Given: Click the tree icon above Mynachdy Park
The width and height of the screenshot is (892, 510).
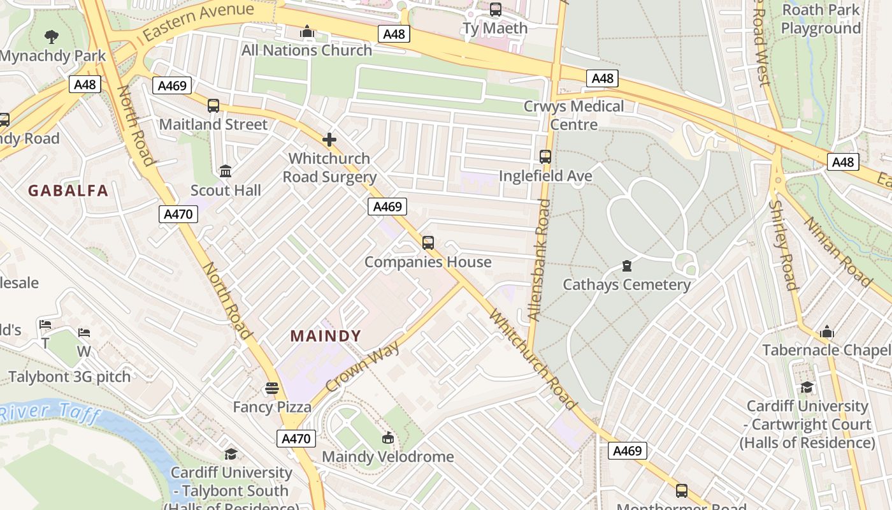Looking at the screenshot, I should (52, 36).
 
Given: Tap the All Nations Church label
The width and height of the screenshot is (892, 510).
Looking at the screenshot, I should (306, 50).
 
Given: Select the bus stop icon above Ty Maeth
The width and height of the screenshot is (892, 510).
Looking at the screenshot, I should (495, 10).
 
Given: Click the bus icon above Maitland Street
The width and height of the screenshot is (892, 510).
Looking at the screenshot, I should (213, 106).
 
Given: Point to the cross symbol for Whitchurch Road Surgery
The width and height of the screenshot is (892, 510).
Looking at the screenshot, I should (329, 140).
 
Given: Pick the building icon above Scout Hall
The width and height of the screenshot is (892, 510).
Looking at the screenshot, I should (226, 171).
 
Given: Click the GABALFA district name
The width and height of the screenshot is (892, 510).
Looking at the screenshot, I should (68, 190).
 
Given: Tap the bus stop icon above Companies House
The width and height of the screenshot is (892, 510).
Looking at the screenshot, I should (428, 243).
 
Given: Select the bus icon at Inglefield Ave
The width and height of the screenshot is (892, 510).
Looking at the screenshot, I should (545, 157).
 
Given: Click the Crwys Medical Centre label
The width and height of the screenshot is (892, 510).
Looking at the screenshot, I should (573, 115).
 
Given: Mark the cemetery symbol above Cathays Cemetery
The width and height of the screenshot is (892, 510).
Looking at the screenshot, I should (627, 266).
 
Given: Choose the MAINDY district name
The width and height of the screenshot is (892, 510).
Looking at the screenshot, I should (326, 336).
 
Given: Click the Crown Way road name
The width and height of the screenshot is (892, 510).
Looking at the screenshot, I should (363, 367).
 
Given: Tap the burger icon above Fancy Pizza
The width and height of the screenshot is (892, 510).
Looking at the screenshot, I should (272, 388).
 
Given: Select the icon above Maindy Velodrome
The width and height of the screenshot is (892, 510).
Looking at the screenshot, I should (387, 438).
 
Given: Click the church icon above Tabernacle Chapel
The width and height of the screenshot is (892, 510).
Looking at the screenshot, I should (827, 331).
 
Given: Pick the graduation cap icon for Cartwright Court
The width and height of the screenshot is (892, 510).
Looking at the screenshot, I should (807, 388).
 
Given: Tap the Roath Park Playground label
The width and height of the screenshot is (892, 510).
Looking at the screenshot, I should (821, 19).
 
